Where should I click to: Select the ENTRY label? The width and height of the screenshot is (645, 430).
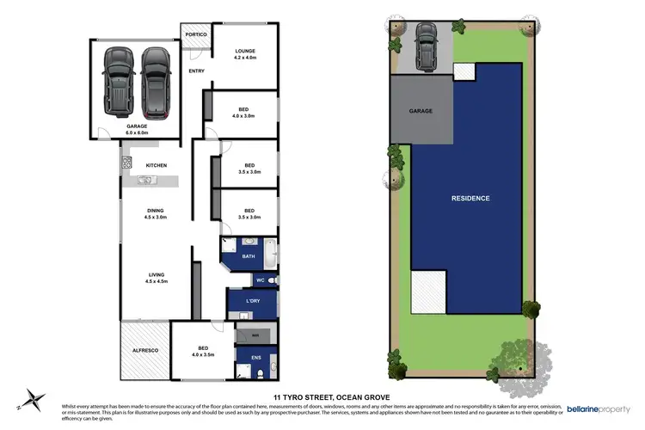(x=197, y=71)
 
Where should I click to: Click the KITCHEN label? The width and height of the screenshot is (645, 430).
(x=156, y=165)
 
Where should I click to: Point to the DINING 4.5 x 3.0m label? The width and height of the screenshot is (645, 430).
(x=156, y=213)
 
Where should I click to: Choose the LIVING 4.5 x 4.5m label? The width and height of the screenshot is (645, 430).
(x=156, y=277)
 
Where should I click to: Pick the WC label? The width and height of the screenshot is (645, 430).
(x=260, y=280)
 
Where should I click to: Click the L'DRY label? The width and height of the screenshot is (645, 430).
(x=253, y=300)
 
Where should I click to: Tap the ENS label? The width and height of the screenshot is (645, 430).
(x=255, y=356)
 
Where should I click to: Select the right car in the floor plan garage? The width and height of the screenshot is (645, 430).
(x=156, y=82)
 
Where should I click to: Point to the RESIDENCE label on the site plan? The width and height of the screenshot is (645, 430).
(x=470, y=199)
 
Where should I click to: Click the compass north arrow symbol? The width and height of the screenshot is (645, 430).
(x=34, y=398)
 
